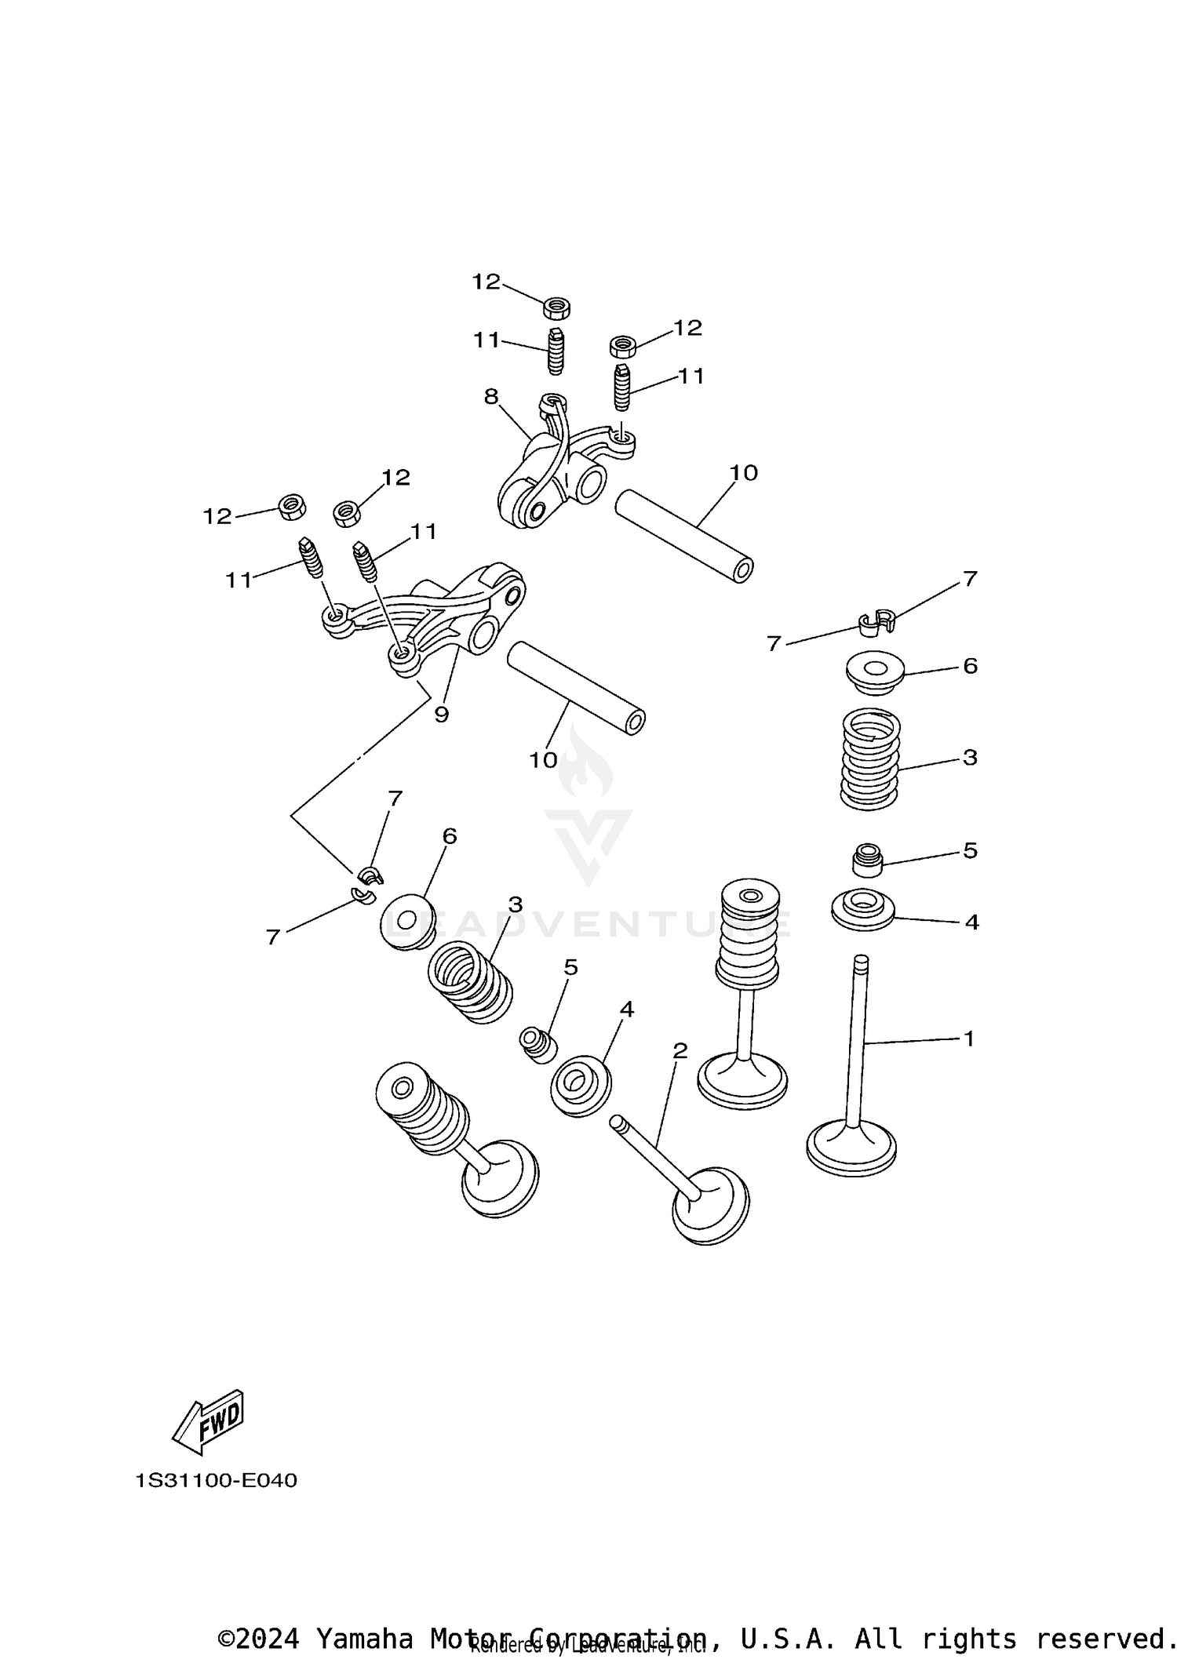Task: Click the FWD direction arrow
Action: click(x=208, y=1418)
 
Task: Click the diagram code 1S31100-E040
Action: click(x=216, y=1480)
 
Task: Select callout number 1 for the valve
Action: click(x=969, y=1039)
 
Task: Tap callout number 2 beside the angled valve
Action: click(x=680, y=1050)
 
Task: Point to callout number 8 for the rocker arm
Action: click(x=491, y=397)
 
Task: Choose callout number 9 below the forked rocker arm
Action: click(x=441, y=715)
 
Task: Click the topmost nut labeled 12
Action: click(x=556, y=307)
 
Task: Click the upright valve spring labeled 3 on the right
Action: click(x=870, y=759)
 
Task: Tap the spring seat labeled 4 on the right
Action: click(x=863, y=910)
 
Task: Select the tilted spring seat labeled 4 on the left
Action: click(x=581, y=1088)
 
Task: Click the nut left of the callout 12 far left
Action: click(x=293, y=507)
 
